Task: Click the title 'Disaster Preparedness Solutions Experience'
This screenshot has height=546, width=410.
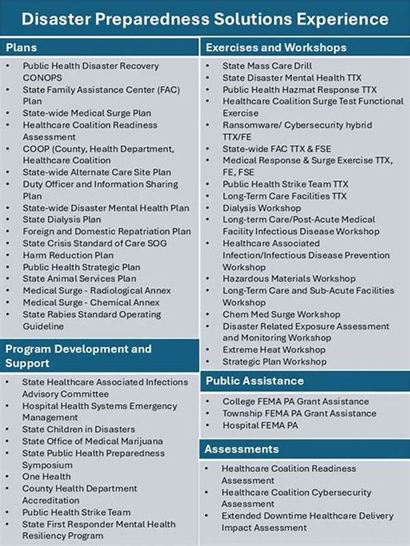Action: pyautogui.click(x=205, y=18)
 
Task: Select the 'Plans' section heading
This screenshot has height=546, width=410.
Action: pyautogui.click(x=21, y=48)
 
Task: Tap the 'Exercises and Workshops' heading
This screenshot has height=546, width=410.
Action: pyautogui.click(x=275, y=48)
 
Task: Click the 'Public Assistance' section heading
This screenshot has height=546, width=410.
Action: pyautogui.click(x=254, y=380)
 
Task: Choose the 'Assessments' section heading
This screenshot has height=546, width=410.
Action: pyautogui.click(x=242, y=449)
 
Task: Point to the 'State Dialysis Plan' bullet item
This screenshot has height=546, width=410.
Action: pyautogui.click(x=61, y=220)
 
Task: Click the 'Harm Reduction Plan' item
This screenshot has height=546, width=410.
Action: pyautogui.click(x=68, y=255)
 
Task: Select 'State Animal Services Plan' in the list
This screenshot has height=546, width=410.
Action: pyautogui.click(x=79, y=278)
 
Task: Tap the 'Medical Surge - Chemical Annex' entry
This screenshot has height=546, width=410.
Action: pyautogui.click(x=91, y=302)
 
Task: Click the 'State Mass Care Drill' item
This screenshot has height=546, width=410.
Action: pyautogui.click(x=267, y=66)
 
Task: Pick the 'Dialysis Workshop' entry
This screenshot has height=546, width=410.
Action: pyautogui.click(x=261, y=208)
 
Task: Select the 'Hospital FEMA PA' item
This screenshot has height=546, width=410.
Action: pyautogui.click(x=261, y=425)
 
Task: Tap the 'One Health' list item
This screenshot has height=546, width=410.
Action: pyautogui.click(x=46, y=476)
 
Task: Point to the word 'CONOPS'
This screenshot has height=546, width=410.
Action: pyautogui.click(x=42, y=78)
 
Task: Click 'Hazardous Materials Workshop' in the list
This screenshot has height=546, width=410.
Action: pyautogui.click(x=289, y=278)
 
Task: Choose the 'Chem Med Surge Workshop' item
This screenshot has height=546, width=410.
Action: pyautogui.click(x=281, y=315)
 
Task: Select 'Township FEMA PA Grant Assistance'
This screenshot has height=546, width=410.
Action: pyautogui.click(x=299, y=413)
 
